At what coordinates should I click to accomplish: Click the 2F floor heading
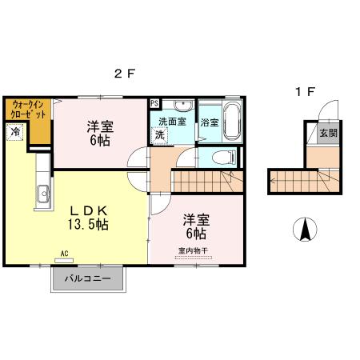(x=124, y=74)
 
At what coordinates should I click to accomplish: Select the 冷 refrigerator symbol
(x=15, y=133)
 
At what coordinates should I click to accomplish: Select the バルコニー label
(x=88, y=280)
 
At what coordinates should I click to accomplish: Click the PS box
(x=154, y=103)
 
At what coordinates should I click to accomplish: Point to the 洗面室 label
(x=171, y=122)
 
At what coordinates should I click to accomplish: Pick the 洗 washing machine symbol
(x=159, y=135)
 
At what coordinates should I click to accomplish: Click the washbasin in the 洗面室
(x=182, y=106)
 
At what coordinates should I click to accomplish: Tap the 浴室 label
(x=210, y=123)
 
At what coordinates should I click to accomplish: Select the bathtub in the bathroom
(x=232, y=121)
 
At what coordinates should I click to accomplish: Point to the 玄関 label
(x=328, y=134)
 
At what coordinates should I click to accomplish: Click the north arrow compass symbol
(x=305, y=230)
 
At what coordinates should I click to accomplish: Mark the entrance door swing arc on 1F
(x=328, y=112)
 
